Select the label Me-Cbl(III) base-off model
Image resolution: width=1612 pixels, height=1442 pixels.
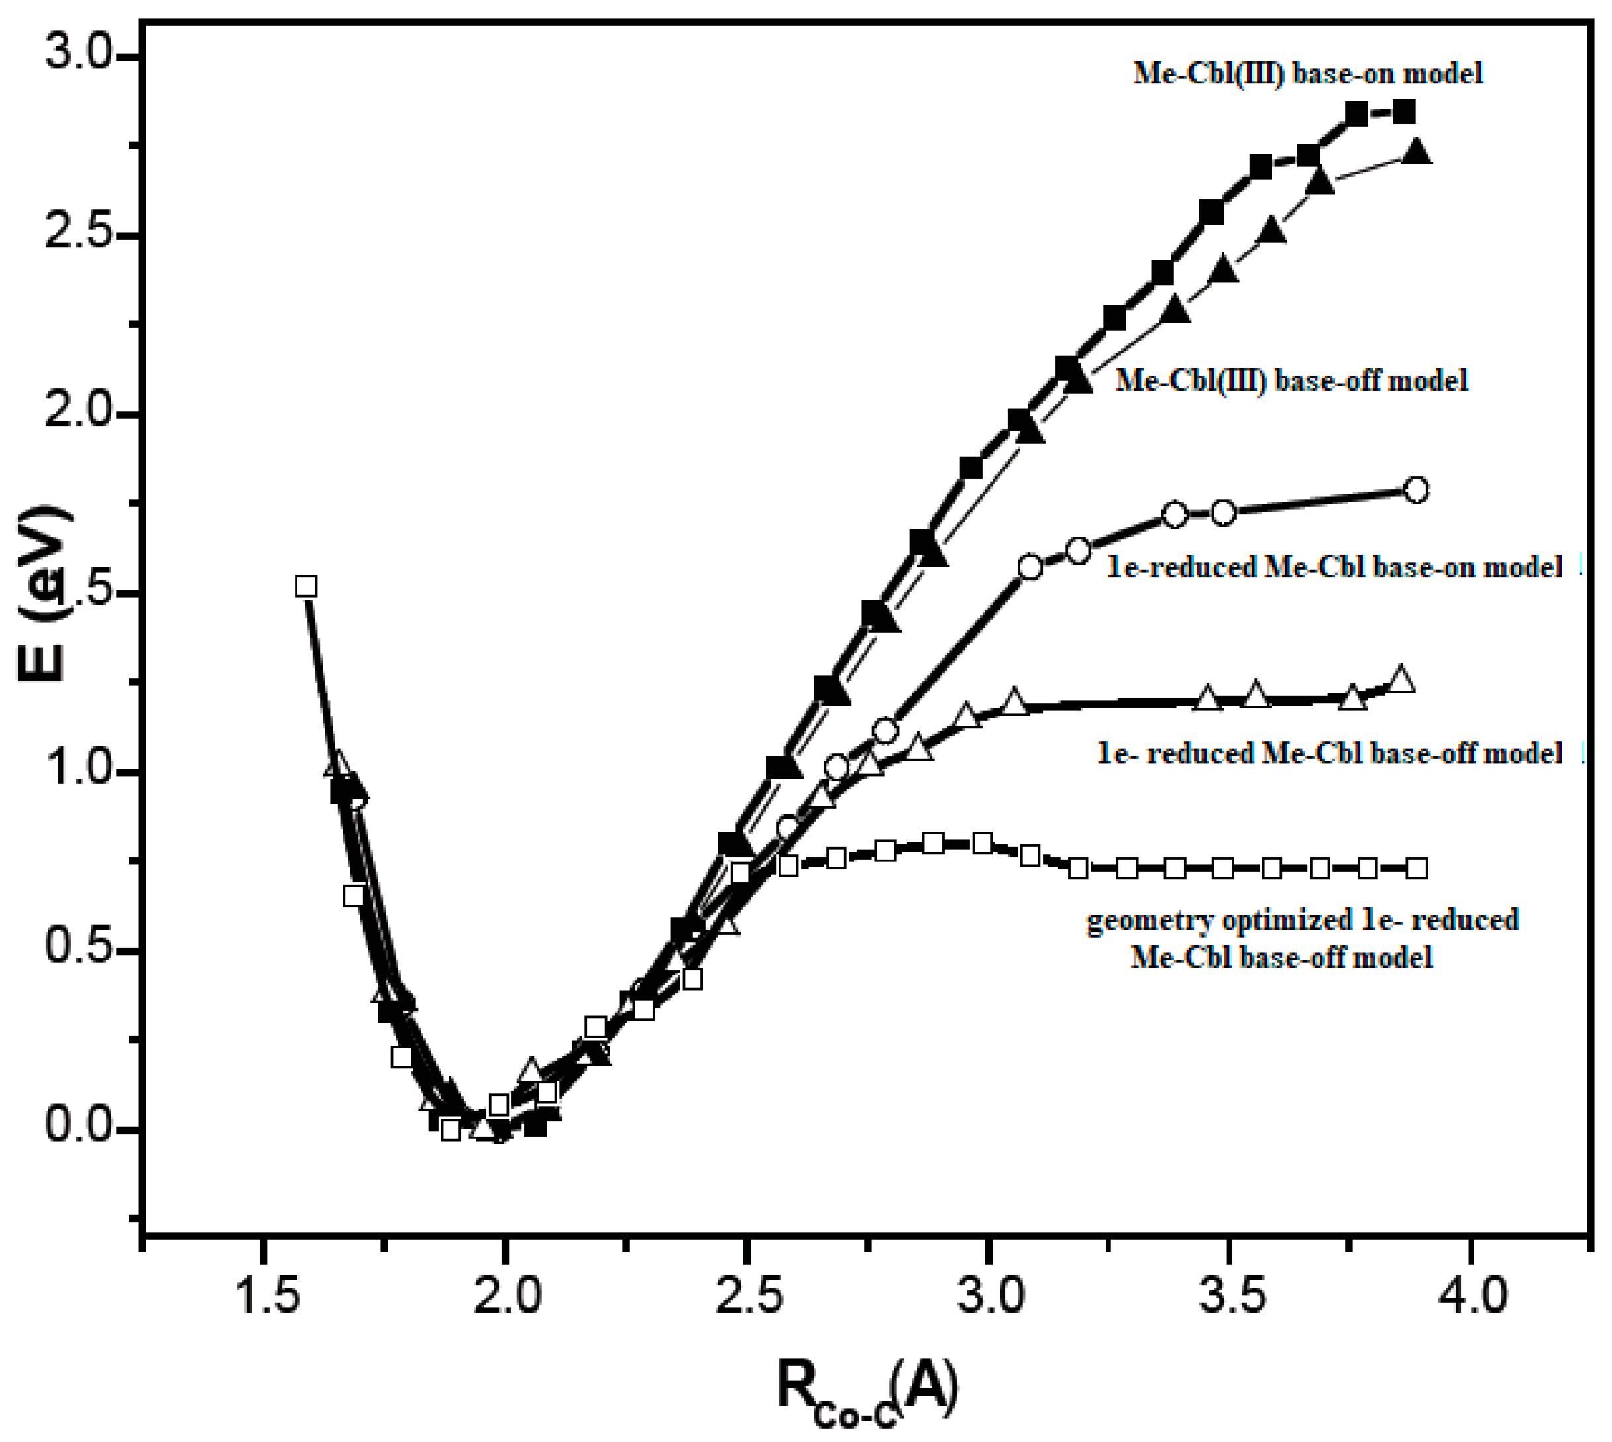pos(1291,380)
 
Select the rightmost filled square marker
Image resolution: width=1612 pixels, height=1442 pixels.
pos(1404,112)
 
